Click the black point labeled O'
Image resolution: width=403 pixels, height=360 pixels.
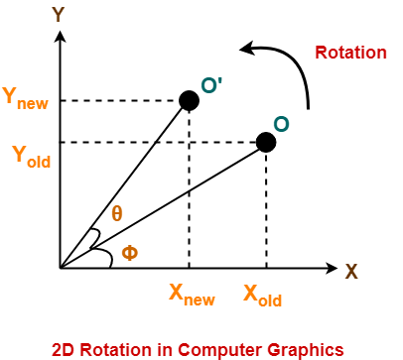(x=189, y=100)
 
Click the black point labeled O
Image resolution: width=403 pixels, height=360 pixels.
(x=266, y=142)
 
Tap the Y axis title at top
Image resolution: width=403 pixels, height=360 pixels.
(x=59, y=14)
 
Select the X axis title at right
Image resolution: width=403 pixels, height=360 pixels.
(x=351, y=270)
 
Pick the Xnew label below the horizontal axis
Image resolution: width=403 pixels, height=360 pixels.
(x=191, y=294)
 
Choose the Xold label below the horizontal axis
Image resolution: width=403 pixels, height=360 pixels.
(x=263, y=294)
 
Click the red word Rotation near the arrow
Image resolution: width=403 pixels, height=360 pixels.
(x=350, y=52)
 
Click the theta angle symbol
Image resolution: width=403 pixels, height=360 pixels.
(x=117, y=215)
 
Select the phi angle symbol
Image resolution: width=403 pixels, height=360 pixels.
(x=129, y=255)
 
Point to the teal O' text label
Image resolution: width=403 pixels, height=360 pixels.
(x=211, y=86)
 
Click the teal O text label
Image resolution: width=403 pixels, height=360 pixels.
(x=282, y=124)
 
